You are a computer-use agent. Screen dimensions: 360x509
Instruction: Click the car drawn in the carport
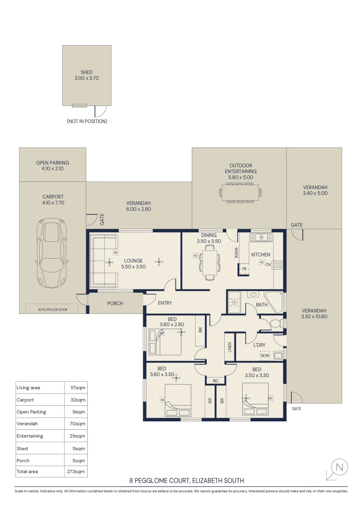pyautogui.click(x=52, y=253)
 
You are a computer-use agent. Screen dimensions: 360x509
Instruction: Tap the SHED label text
pyautogui.click(x=87, y=72)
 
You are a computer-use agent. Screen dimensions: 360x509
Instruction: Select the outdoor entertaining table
pyautogui.click(x=240, y=193)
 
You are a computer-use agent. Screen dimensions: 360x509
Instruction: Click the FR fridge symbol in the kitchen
pyautogui.click(x=244, y=269)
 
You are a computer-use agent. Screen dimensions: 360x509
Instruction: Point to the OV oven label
pyautogui.click(x=268, y=264)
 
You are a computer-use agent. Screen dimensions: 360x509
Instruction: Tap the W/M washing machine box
pyautogui.click(x=265, y=356)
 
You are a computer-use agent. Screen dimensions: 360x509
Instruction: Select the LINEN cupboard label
pyautogui.click(x=229, y=347)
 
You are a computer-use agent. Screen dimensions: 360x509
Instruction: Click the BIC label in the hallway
pyautogui.click(x=215, y=381)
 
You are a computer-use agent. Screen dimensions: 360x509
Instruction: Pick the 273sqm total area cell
pyautogui.click(x=76, y=471)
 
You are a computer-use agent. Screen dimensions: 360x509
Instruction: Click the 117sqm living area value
pyautogui.click(x=78, y=387)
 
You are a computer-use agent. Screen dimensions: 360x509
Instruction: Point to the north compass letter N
pyautogui.click(x=339, y=467)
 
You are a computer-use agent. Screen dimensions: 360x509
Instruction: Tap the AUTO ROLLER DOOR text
pyautogui.click(x=53, y=310)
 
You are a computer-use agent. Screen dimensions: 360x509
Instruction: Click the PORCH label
pyautogui.click(x=115, y=303)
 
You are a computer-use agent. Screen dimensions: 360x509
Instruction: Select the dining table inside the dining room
pyautogui.click(x=210, y=263)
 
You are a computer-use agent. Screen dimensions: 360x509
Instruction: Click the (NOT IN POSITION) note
pyautogui.click(x=87, y=121)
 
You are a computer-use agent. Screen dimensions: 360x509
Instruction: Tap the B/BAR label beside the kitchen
pyautogui.click(x=236, y=253)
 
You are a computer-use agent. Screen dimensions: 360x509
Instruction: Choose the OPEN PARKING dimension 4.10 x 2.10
pyautogui.click(x=53, y=168)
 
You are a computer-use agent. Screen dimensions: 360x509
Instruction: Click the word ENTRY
pyautogui.click(x=165, y=303)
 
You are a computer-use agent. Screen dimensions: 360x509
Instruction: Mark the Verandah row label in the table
pyautogui.click(x=27, y=424)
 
